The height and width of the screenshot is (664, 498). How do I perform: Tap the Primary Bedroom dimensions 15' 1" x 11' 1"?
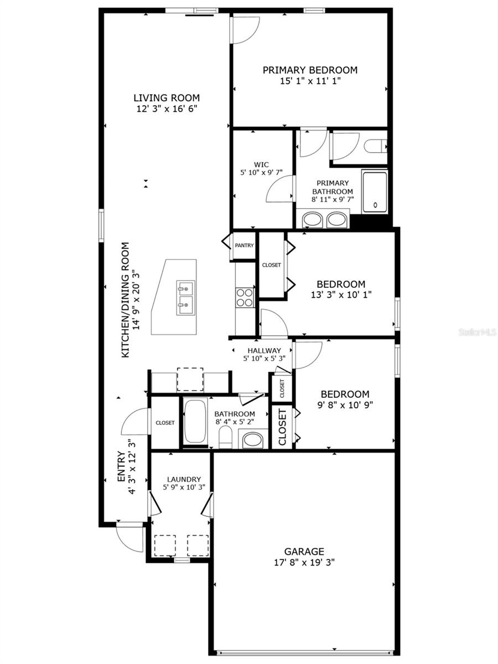click(310, 81)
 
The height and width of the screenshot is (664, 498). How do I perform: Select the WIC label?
click(261, 164)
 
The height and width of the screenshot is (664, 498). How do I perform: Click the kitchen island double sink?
click(185, 297)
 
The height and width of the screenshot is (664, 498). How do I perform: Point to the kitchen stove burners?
click(245, 297)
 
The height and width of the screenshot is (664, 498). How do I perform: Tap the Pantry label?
click(244, 245)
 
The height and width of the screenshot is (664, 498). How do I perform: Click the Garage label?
click(304, 551)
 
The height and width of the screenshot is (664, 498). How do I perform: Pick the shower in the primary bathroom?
click(375, 192)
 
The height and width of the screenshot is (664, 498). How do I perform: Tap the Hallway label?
click(264, 350)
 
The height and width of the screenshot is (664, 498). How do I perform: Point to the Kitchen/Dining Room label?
click(126, 299)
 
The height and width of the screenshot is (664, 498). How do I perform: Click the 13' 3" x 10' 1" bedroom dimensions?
click(340, 295)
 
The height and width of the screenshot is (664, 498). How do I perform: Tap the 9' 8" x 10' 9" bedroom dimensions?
click(345, 404)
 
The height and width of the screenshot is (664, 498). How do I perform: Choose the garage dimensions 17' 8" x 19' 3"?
click(304, 562)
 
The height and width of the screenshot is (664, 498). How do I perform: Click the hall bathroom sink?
click(253, 440)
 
